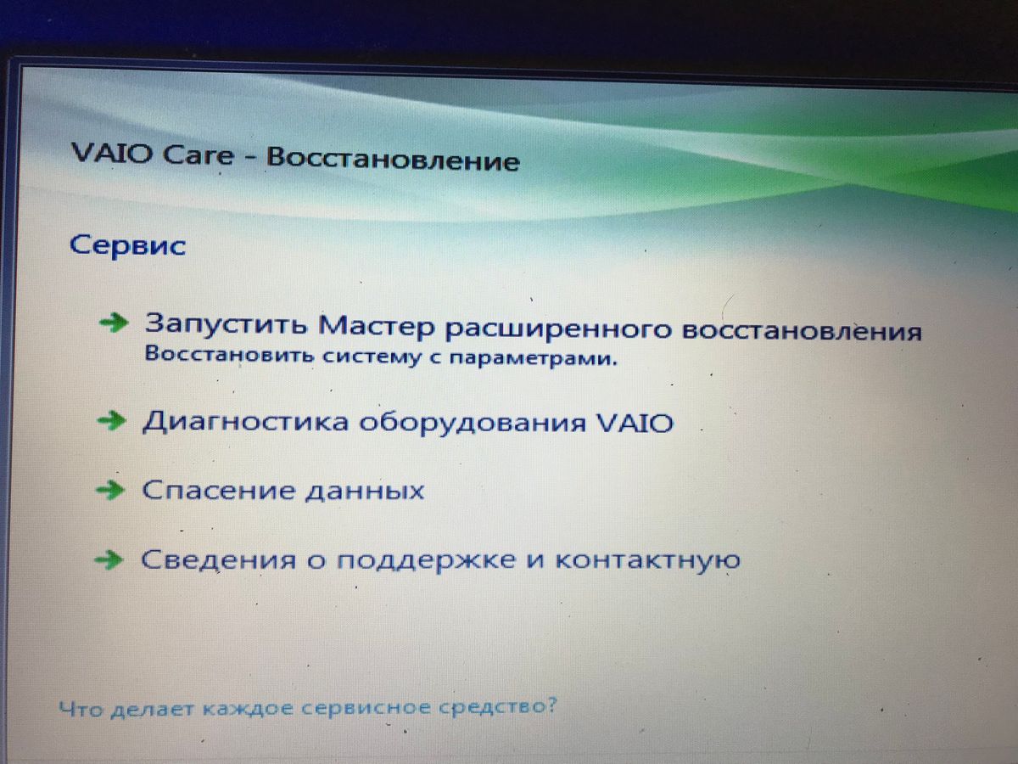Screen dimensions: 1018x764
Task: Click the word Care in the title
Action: point(198,155)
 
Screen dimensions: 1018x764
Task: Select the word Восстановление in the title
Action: point(394,159)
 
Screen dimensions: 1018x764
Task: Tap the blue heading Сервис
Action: point(127,245)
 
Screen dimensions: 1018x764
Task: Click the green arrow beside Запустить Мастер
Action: point(114,323)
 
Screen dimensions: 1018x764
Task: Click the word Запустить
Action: point(226,323)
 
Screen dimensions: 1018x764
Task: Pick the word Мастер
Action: point(377,327)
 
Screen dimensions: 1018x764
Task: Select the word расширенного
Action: point(558,330)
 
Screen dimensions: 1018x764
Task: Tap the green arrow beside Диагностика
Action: point(112,421)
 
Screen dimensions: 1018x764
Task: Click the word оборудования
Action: point(473,423)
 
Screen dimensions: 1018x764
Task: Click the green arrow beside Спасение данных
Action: point(110,491)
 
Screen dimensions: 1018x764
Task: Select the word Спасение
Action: point(218,491)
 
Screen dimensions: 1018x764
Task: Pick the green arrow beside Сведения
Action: point(109,560)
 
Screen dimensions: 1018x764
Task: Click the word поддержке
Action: point(426,561)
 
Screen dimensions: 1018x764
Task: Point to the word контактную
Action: point(648,560)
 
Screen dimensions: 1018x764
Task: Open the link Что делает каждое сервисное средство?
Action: point(308,708)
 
